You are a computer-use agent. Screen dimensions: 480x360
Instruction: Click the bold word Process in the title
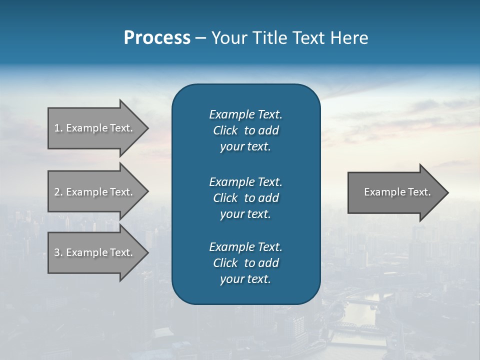[157, 38]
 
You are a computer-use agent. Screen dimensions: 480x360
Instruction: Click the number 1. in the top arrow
[58, 128]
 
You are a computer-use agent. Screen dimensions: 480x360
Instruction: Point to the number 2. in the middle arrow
[58, 192]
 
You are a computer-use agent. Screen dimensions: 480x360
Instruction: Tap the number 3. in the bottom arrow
[58, 252]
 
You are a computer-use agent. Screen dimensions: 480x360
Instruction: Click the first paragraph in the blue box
[245, 130]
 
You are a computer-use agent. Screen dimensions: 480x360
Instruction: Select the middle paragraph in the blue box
[245, 197]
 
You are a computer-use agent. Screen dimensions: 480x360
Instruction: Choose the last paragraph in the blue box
[245, 263]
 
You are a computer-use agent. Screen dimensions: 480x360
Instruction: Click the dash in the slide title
[201, 38]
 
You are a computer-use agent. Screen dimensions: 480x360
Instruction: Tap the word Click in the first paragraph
[225, 131]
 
